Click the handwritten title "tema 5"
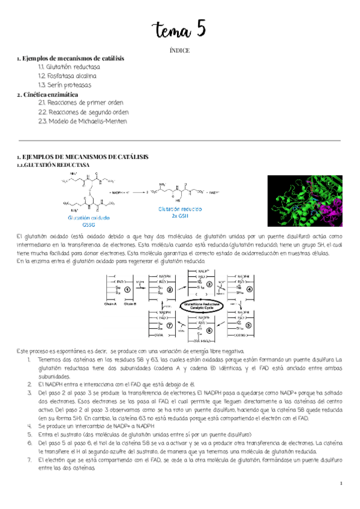tap(179, 28)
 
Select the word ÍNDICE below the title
tap(179, 50)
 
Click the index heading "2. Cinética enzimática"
tap(47, 94)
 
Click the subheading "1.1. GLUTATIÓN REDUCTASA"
tap(53, 164)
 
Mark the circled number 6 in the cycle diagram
tap(209, 330)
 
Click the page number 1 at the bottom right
tap(340, 483)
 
